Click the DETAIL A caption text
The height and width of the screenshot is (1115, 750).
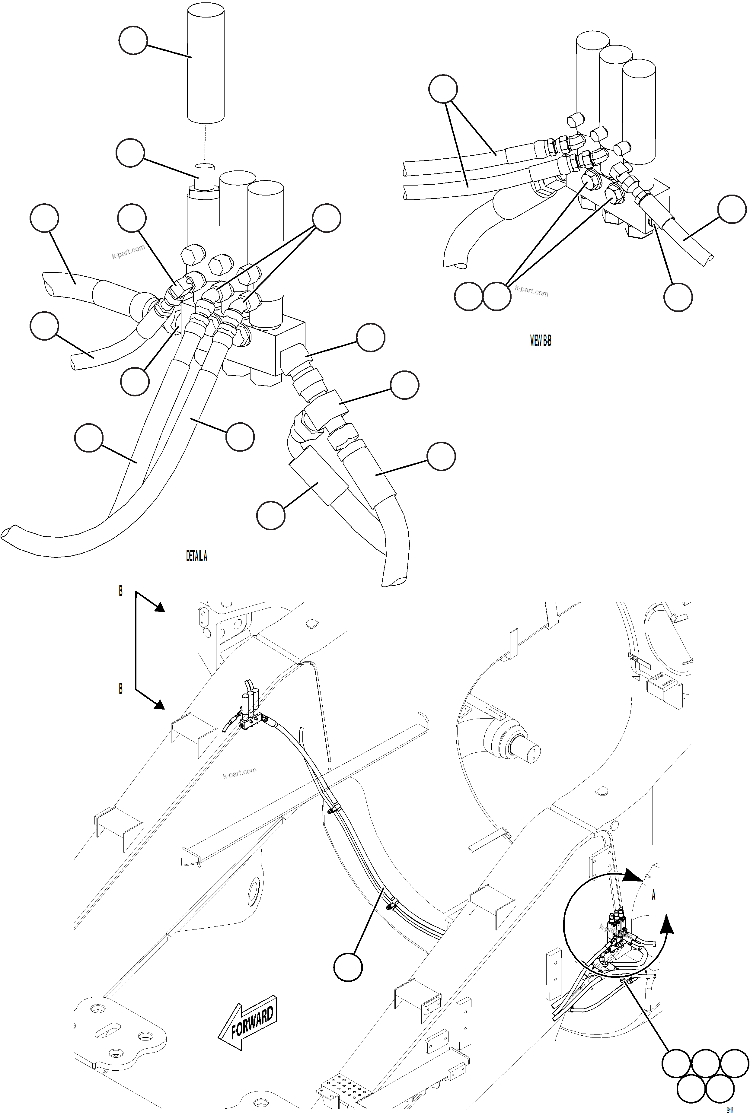pos(196,556)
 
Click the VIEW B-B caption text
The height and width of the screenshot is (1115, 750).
pos(541,340)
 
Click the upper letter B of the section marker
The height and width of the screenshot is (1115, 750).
pos(120,592)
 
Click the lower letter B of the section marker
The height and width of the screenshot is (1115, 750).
pos(120,688)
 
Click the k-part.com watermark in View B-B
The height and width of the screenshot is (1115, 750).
pos(531,291)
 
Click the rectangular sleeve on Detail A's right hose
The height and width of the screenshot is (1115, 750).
pos(318,475)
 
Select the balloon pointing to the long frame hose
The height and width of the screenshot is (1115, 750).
pos(348,967)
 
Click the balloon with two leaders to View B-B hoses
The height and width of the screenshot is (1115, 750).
pos(443,89)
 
